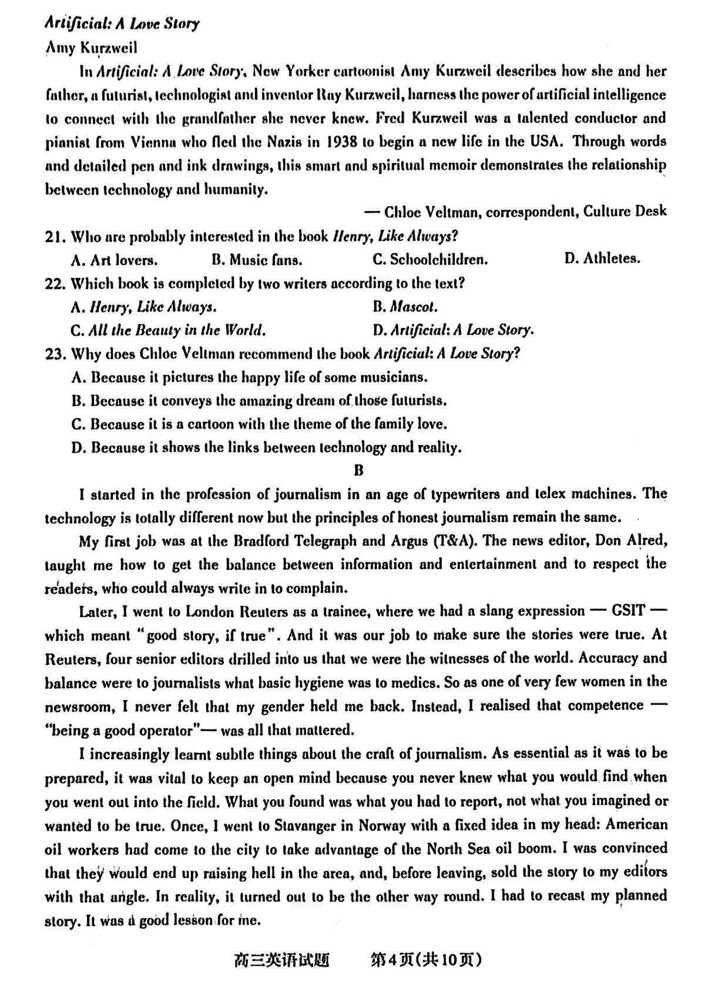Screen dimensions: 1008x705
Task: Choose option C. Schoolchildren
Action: point(430,260)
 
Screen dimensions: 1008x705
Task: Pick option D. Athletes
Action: point(602,259)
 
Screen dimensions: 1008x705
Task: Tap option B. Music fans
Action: point(257,260)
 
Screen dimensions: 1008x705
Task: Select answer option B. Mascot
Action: point(405,307)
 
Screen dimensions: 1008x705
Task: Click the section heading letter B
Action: point(359,471)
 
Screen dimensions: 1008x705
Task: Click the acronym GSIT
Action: point(628,611)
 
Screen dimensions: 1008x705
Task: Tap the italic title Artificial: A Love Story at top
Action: point(122,24)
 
